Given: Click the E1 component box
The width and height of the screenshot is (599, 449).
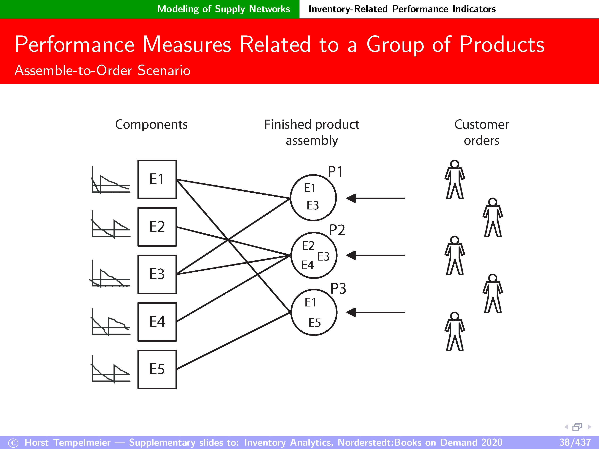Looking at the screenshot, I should pyautogui.click(x=157, y=179).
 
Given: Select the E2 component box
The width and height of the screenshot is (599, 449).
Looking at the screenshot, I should pyautogui.click(x=157, y=227).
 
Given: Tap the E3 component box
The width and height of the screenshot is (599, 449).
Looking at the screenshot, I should pyautogui.click(x=157, y=274).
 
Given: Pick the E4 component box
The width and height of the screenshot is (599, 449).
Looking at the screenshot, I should pyautogui.click(x=157, y=322).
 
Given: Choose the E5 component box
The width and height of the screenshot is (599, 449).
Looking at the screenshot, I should pyautogui.click(x=157, y=369).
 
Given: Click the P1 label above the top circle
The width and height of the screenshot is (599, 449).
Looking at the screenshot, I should pyautogui.click(x=335, y=172).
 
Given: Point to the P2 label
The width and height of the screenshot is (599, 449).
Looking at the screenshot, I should pyautogui.click(x=337, y=230).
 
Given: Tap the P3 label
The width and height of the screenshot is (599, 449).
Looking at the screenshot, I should pyautogui.click(x=338, y=288).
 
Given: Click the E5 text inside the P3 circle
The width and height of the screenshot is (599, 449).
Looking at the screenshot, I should pyautogui.click(x=315, y=323).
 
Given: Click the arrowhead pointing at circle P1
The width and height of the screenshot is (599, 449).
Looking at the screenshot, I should pyautogui.click(x=351, y=198).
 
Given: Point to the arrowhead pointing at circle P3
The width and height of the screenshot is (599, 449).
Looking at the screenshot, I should pyautogui.click(x=351, y=312).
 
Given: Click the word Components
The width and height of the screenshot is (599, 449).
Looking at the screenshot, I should pyautogui.click(x=151, y=125).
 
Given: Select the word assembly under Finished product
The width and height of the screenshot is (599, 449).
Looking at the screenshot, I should pyautogui.click(x=312, y=141).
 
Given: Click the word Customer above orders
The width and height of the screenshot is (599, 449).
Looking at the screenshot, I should pyautogui.click(x=482, y=125).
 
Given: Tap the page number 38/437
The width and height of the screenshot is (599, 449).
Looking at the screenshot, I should pyautogui.click(x=575, y=442).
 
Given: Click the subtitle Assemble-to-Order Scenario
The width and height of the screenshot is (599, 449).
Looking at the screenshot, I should pyautogui.click(x=102, y=70).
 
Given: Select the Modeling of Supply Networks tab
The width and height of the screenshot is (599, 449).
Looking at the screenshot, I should pyautogui.click(x=223, y=9).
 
